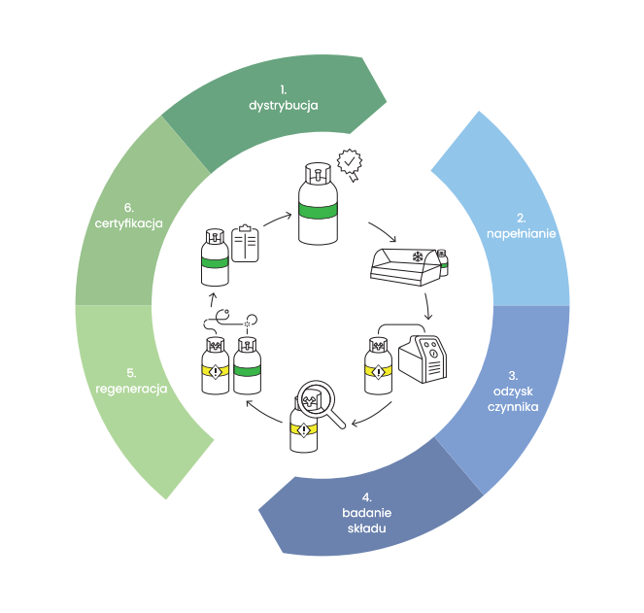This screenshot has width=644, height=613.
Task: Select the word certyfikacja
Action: coord(128,223)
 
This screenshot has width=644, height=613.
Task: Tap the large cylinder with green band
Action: coord(317,206)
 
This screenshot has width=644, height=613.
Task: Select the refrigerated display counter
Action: coord(404,264)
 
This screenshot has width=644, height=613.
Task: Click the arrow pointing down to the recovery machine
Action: coord(427,306)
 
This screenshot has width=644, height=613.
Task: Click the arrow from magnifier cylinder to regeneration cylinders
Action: coord(261,407)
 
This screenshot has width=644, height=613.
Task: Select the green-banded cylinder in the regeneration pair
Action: coord(248,367)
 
